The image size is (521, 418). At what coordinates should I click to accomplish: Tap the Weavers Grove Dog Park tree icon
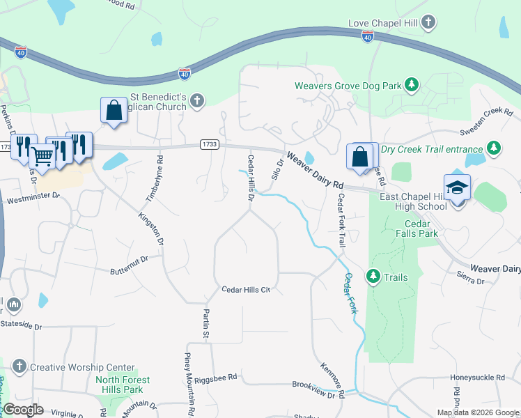pos(412,85)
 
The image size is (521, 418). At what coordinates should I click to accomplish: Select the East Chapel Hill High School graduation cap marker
pos(458,188)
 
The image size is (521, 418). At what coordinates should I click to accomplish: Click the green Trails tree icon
pos(373,277)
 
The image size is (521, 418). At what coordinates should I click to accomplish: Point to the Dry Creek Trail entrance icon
pos(494,148)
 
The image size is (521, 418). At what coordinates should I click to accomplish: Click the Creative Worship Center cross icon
pos(20,366)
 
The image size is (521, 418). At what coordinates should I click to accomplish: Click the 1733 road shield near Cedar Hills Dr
pos(209,144)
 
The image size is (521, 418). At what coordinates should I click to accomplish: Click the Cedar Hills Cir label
pos(245,289)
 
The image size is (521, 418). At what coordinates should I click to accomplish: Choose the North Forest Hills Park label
pos(123,385)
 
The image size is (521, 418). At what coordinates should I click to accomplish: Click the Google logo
pos(23,410)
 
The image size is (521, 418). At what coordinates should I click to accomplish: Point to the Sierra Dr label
pos(471,280)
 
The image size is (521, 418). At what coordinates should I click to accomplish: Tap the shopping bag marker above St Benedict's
pos(113,109)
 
